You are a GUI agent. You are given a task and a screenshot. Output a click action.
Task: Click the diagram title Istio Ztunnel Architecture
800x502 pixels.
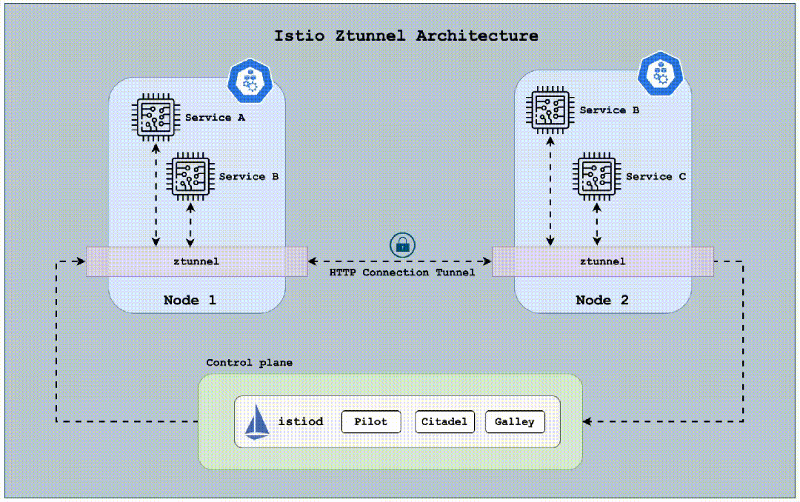coord(406,36)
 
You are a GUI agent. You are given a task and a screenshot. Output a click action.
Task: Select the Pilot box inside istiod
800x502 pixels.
coord(370,421)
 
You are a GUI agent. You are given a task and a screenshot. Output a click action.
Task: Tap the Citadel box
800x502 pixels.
coord(444,421)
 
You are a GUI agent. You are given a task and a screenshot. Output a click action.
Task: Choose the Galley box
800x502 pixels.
coord(515,421)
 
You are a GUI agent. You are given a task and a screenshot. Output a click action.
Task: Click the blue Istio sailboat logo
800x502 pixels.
coord(257,421)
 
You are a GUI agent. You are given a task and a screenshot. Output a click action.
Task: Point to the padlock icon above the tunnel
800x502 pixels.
coord(402,244)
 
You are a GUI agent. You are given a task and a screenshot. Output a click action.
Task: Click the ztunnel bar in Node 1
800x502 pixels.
coord(196,261)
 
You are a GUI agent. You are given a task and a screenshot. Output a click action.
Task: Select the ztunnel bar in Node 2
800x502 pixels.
coord(602,261)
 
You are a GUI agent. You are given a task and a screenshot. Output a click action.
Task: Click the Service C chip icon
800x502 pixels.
coord(597,176)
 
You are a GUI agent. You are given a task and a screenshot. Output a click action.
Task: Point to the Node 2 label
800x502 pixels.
coord(603,300)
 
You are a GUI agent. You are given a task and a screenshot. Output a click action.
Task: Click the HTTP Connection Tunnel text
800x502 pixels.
coord(402,272)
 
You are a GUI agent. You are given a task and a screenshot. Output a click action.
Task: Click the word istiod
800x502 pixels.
coord(301,421)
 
